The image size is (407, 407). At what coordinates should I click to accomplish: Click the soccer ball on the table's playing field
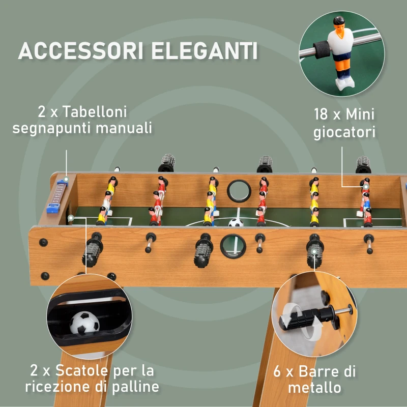click(x=235, y=222)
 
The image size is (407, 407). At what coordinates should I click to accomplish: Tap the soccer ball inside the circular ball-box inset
click(x=83, y=322)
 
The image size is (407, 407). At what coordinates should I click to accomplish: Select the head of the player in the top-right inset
click(x=338, y=23)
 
